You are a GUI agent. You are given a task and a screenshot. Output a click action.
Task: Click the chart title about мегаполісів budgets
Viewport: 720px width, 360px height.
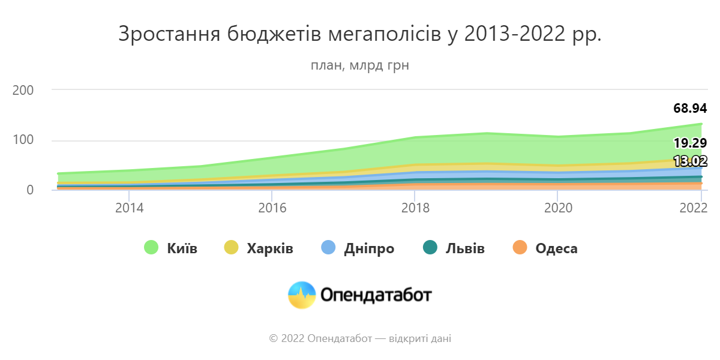pyautogui.click(x=359, y=34)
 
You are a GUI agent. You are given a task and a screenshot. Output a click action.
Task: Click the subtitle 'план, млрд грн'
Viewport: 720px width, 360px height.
pyautogui.click(x=359, y=65)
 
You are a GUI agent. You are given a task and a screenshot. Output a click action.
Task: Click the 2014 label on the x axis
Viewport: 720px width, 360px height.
pyautogui.click(x=128, y=208)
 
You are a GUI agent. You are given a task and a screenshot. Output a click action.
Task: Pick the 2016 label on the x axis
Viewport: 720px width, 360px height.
pyautogui.click(x=272, y=208)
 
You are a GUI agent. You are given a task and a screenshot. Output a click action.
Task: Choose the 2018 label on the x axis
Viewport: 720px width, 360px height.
pyautogui.click(x=415, y=208)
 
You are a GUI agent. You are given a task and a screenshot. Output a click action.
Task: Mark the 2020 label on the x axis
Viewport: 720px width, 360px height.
pyautogui.click(x=558, y=208)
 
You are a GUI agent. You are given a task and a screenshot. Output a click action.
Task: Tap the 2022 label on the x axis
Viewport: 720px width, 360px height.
pyautogui.click(x=692, y=208)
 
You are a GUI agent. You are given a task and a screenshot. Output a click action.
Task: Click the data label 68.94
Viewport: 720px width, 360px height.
pyautogui.click(x=690, y=109)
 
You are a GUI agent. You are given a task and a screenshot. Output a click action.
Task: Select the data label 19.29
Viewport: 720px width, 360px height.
pyautogui.click(x=690, y=143)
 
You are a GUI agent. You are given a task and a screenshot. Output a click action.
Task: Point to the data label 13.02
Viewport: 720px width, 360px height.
pyautogui.click(x=690, y=161)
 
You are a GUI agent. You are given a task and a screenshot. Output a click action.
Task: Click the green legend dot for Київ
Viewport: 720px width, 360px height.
pyautogui.click(x=151, y=248)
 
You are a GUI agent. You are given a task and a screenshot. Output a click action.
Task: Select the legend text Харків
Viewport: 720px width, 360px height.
pyautogui.click(x=270, y=248)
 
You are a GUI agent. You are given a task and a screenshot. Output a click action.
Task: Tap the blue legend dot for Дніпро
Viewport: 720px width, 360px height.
pyautogui.click(x=328, y=248)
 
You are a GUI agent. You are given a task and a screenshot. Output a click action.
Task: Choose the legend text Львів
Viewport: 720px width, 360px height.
pyautogui.click(x=465, y=248)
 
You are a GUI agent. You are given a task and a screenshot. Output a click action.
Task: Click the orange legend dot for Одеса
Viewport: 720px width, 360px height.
pyautogui.click(x=520, y=248)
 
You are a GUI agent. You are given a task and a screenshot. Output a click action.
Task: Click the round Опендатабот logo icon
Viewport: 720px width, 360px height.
pyautogui.click(x=302, y=295)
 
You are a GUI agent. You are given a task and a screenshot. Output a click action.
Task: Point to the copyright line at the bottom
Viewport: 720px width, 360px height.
pyautogui.click(x=359, y=339)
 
